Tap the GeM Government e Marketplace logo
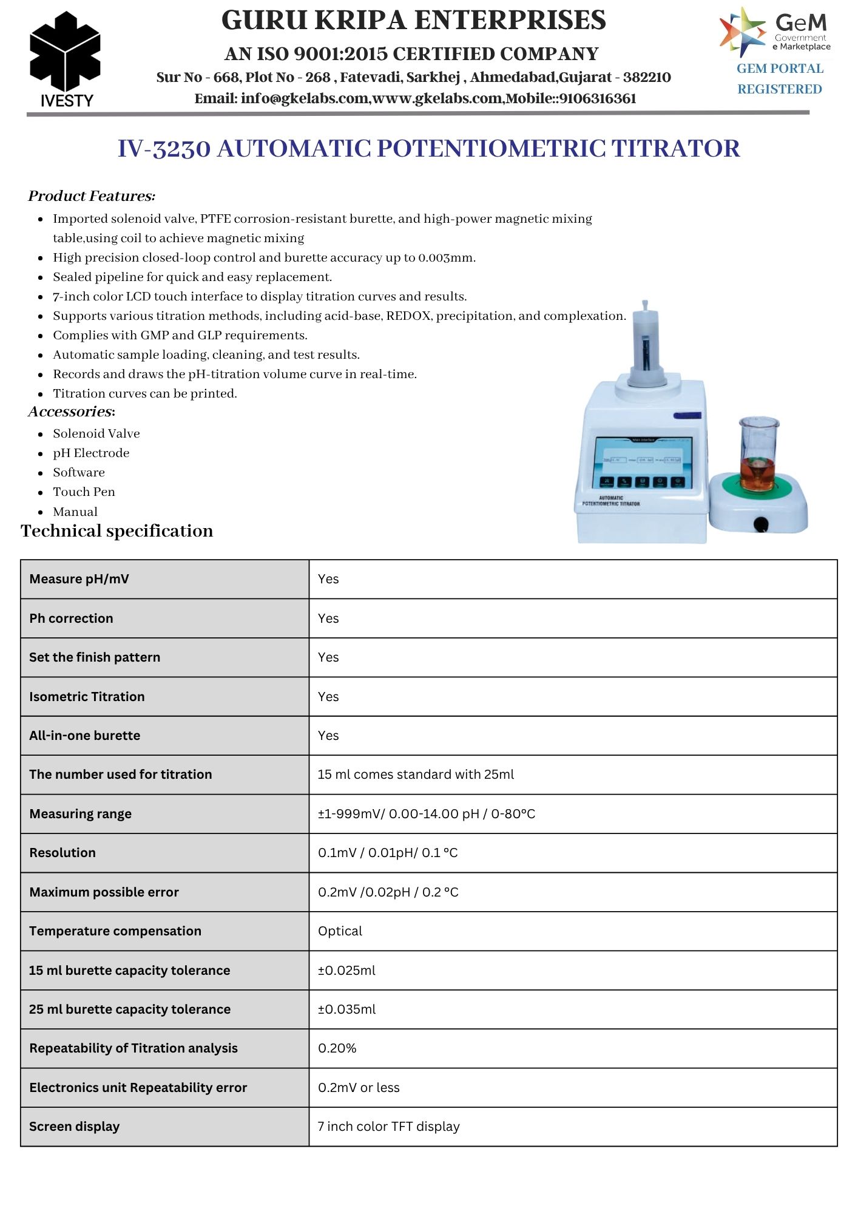tap(775, 32)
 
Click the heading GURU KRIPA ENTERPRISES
tap(413, 21)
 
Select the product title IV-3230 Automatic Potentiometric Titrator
tap(428, 149)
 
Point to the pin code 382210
tap(647, 78)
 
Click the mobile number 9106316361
tap(598, 99)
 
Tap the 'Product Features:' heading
tap(92, 196)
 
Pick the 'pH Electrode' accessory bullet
tap(91, 453)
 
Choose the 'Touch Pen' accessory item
tap(84, 492)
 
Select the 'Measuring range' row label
tap(80, 814)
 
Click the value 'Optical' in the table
tap(340, 931)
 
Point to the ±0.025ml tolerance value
tap(346, 971)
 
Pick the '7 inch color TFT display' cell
tap(389, 1127)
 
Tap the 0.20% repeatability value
tap(337, 1048)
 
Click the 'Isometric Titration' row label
tap(87, 697)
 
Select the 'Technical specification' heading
tap(117, 531)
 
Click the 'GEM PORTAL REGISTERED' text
tap(780, 79)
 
